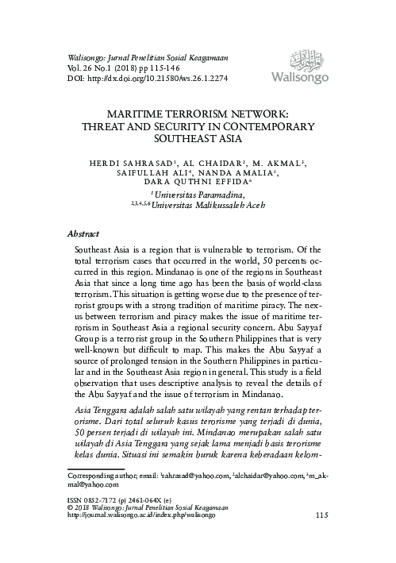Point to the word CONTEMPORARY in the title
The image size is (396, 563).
267,125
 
